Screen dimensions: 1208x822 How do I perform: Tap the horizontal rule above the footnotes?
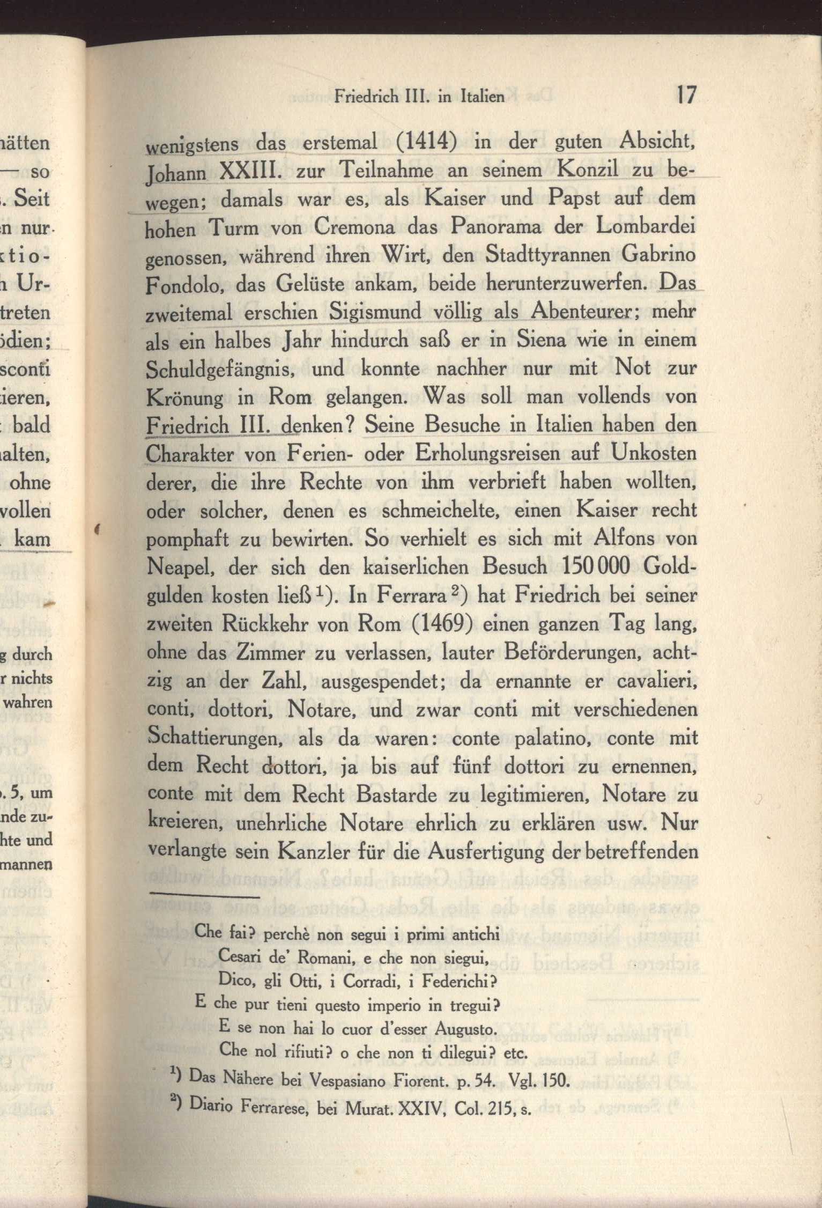tap(205, 895)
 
